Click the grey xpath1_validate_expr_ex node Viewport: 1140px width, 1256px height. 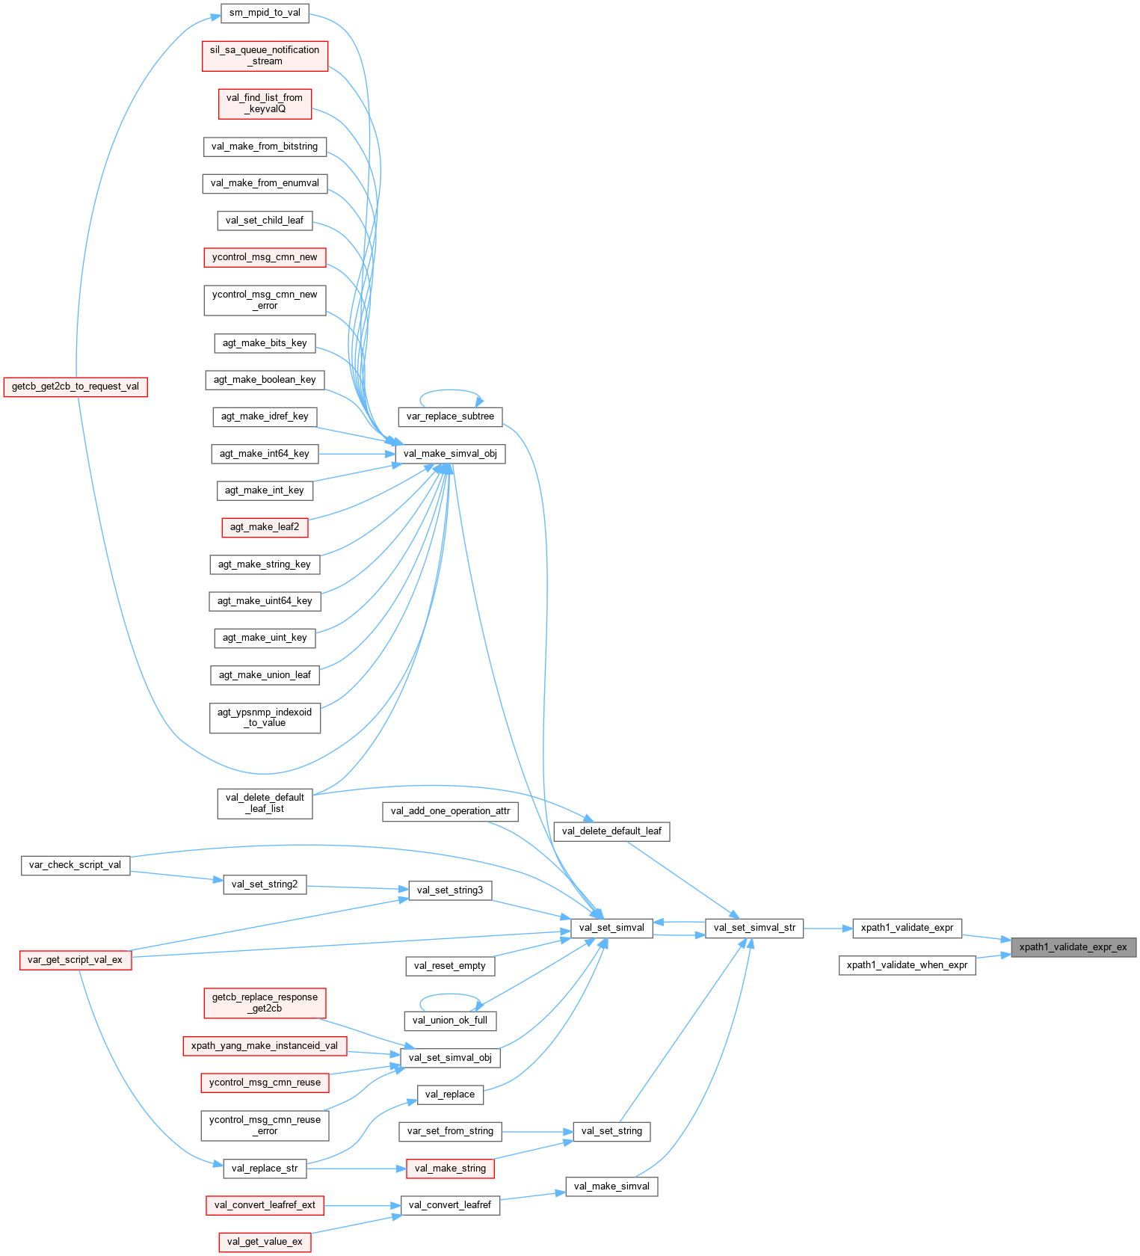[1073, 947]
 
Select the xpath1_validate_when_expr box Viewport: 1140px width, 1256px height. [907, 965]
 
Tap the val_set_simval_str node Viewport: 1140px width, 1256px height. [754, 928]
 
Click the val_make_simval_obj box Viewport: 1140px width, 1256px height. [449, 454]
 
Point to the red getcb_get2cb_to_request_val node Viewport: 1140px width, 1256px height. [76, 387]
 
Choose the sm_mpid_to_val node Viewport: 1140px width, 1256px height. [265, 13]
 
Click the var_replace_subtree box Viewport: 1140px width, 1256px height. [450, 416]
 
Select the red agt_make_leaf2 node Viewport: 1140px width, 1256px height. [265, 527]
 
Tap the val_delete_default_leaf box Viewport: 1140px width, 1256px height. [611, 831]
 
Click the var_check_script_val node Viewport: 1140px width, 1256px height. [75, 865]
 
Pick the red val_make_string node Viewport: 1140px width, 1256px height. [450, 1169]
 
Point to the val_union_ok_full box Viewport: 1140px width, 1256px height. [450, 1020]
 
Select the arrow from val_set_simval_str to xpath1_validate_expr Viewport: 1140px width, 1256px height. [828, 929]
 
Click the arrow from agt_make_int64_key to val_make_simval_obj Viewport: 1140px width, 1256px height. [356, 454]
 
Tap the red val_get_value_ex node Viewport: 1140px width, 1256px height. [265, 1242]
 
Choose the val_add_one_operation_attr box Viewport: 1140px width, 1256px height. [450, 811]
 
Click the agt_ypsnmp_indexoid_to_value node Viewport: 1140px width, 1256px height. [265, 718]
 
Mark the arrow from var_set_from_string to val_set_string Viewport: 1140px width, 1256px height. [537, 1132]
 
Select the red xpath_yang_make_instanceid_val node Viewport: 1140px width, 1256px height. [265, 1046]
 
